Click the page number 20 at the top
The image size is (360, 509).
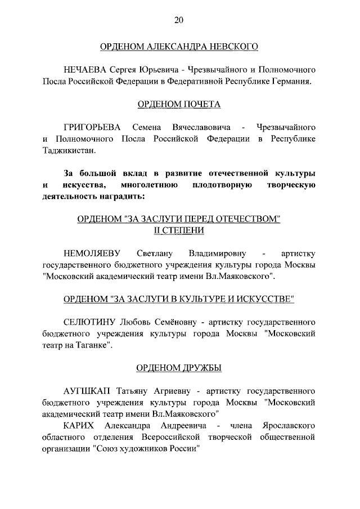pyautogui.click(x=179, y=20)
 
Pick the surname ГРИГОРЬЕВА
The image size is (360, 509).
pyautogui.click(x=92, y=128)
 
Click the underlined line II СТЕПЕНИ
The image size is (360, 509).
pyautogui.click(x=179, y=231)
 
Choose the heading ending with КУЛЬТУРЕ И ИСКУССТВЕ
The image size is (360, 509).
pyautogui.click(x=179, y=300)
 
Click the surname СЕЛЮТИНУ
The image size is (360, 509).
pyautogui.click(x=89, y=323)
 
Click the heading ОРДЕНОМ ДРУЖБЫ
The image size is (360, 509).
pyautogui.click(x=179, y=368)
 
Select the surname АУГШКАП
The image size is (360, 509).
pyautogui.click(x=88, y=391)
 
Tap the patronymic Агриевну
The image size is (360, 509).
pyautogui.click(x=167, y=391)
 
